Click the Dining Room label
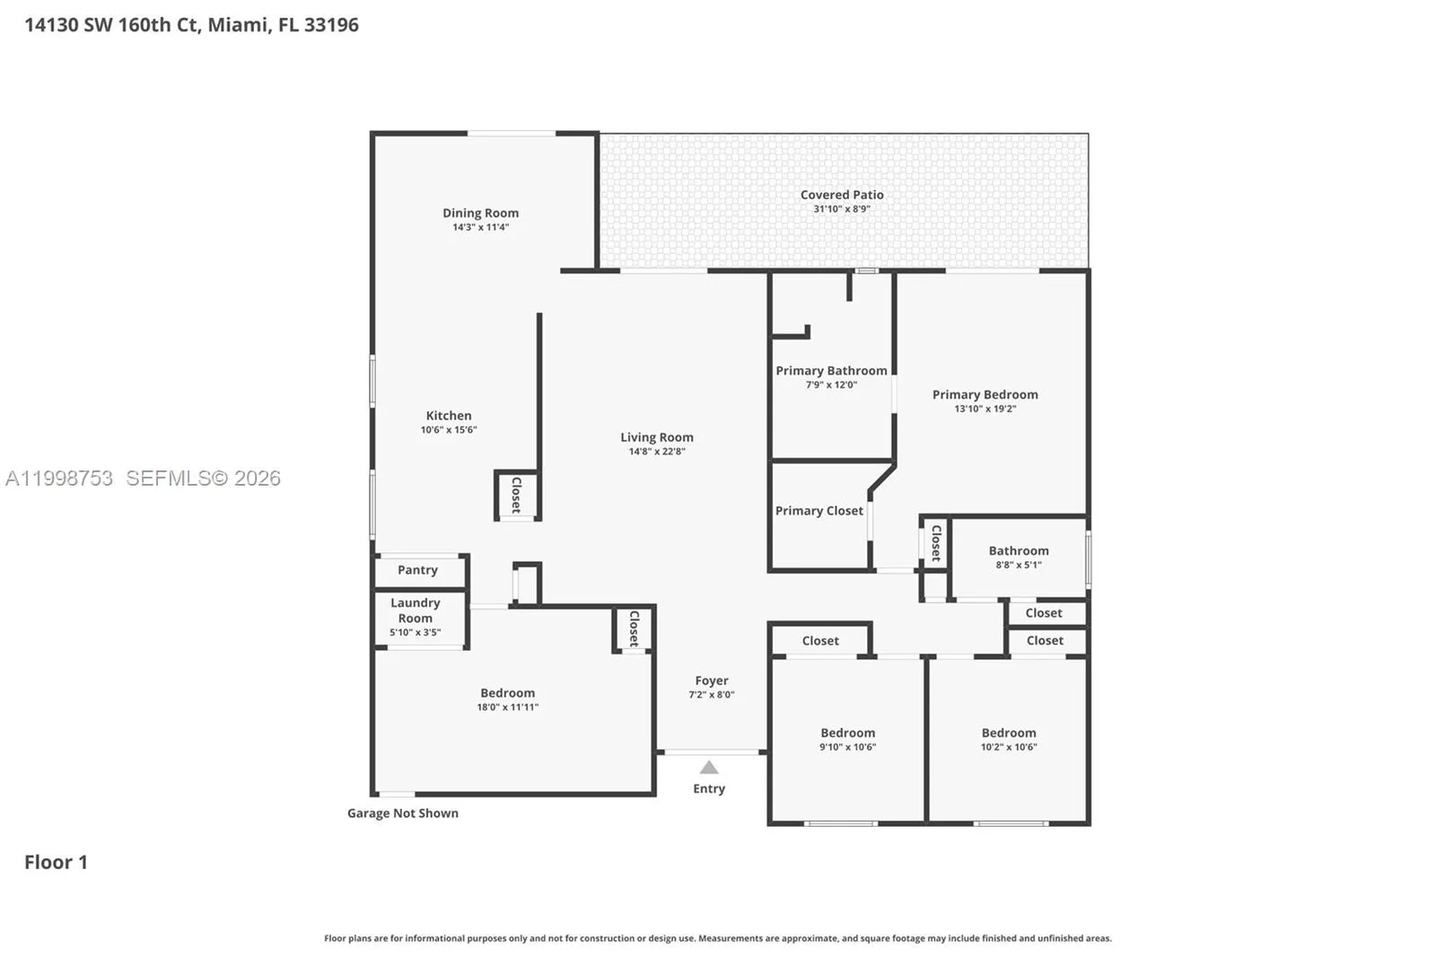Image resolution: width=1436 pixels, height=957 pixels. tap(480, 213)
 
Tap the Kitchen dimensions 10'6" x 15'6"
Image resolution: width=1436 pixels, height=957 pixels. tap(449, 430)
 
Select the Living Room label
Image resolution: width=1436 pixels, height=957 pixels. tap(656, 437)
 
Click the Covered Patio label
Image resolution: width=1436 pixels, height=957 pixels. tap(842, 195)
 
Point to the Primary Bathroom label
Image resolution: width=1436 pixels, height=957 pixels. tap(831, 371)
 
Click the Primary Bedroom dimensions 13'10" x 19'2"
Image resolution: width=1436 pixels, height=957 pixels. tap(985, 408)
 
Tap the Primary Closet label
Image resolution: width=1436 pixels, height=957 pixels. tap(819, 511)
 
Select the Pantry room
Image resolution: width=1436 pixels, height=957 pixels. tap(417, 570)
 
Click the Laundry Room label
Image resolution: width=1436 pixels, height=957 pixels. tap(415, 610)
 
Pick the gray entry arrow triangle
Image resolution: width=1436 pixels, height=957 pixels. tap(709, 768)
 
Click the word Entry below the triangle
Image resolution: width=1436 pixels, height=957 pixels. tap(709, 788)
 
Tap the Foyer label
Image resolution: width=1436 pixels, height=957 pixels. tap(711, 680)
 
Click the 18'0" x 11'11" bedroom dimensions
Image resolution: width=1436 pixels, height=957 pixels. tap(507, 707)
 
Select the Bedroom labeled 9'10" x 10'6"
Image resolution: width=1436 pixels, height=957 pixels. tap(847, 733)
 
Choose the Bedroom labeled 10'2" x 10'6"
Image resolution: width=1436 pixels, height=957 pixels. tap(1009, 733)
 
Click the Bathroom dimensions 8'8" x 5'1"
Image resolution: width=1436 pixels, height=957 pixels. tap(1018, 566)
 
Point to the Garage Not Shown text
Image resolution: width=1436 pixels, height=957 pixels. tap(403, 813)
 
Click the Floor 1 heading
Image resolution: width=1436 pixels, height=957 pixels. tap(56, 862)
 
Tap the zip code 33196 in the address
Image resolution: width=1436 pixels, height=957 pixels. tap(331, 25)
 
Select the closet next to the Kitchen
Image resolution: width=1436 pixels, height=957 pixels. tap(516, 495)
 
